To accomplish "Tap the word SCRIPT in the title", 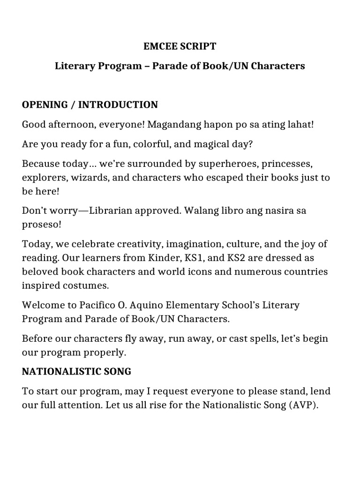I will (x=197, y=46).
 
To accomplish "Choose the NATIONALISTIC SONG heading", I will (x=76, y=372).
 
